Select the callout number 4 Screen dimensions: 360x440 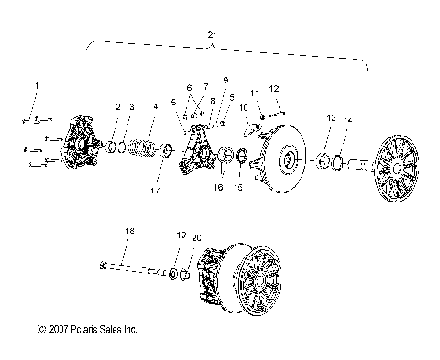[155, 107]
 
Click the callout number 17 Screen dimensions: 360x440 [155, 190]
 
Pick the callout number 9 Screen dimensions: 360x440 [225, 81]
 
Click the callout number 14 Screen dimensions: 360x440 [347, 121]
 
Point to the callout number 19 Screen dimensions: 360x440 [181, 235]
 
